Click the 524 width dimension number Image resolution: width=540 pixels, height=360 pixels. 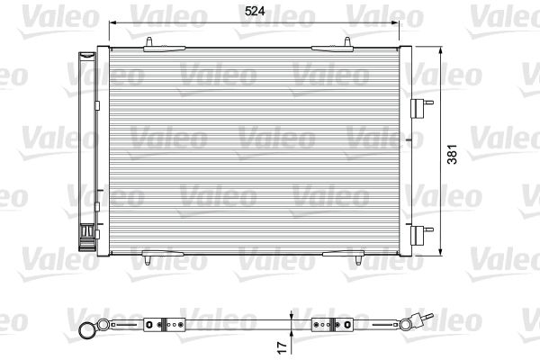coord(255,12)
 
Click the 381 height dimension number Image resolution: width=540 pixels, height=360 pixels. coord(452,154)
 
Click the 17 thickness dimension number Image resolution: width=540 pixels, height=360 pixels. coord(282,347)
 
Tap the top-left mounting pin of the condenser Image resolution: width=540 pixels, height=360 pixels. coord(149,41)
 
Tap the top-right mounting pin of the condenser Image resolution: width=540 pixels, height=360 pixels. coord(347,41)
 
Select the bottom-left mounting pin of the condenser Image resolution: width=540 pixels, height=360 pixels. coord(148,260)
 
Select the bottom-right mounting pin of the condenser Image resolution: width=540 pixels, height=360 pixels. coord(358,260)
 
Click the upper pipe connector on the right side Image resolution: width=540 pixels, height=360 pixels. coord(421,108)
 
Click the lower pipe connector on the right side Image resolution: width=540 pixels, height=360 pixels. coord(421,235)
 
